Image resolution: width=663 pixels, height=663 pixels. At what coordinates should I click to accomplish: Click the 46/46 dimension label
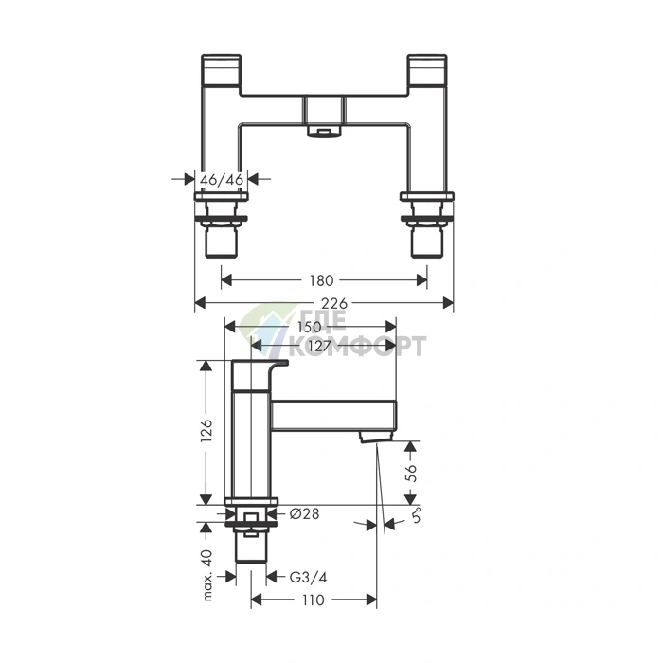tap(222, 180)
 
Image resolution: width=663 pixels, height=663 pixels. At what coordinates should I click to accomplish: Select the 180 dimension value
tap(321, 280)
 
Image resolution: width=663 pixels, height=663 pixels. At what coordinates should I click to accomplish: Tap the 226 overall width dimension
tap(334, 303)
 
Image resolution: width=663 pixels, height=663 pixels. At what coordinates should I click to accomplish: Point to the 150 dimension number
tap(309, 327)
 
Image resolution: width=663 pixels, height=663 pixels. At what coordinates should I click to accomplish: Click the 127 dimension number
tap(319, 347)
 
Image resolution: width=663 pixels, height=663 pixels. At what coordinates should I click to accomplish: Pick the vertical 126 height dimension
tap(206, 431)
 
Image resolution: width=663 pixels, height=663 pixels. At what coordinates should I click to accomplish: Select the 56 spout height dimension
tap(410, 474)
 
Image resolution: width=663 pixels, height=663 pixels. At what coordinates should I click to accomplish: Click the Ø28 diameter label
tap(304, 513)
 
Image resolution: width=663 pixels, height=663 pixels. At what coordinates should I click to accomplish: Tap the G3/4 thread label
tap(308, 577)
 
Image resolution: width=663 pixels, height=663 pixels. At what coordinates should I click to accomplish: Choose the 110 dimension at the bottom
tap(314, 600)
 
